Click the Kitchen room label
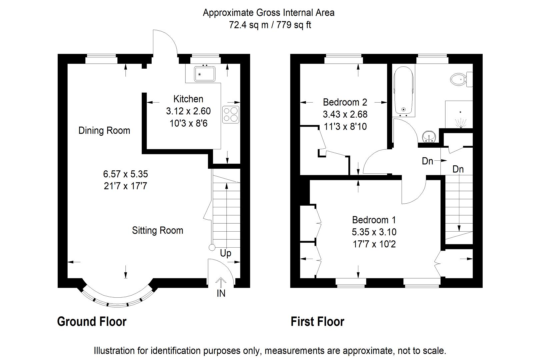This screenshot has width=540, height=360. (188, 99)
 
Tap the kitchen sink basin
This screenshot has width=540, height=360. (205, 74)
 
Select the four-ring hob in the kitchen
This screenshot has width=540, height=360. (231, 115)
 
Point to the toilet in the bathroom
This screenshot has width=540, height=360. (461, 79)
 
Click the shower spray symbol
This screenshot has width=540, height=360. (460, 123)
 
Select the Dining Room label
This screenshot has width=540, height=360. (104, 131)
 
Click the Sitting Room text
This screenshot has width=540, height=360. (157, 231)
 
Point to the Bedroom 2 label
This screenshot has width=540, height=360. (345, 102)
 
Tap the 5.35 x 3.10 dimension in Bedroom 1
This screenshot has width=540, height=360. (374, 232)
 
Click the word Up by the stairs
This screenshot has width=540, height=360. (226, 253)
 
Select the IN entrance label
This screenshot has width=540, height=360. (221, 293)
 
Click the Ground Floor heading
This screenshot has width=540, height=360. (92, 322)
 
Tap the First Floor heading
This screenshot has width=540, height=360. (317, 322)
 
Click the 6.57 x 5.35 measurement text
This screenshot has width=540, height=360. (125, 174)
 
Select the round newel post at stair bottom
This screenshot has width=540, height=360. (212, 248)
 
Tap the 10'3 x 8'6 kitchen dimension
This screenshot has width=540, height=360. (188, 123)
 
